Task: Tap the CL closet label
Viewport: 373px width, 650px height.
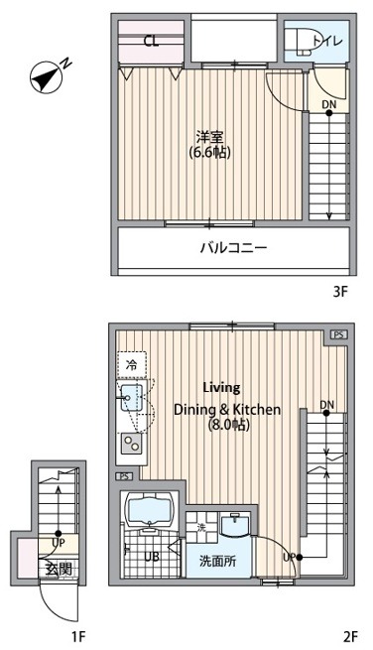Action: (x=151, y=42)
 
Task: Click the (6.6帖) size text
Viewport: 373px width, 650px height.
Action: (x=205, y=154)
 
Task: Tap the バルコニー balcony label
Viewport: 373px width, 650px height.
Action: (x=234, y=248)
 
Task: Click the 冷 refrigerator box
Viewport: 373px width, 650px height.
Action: (x=131, y=365)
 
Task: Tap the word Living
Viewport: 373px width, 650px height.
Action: (x=221, y=388)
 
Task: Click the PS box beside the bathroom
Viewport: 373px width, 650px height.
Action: (x=124, y=477)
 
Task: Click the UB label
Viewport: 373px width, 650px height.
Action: (x=153, y=557)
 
